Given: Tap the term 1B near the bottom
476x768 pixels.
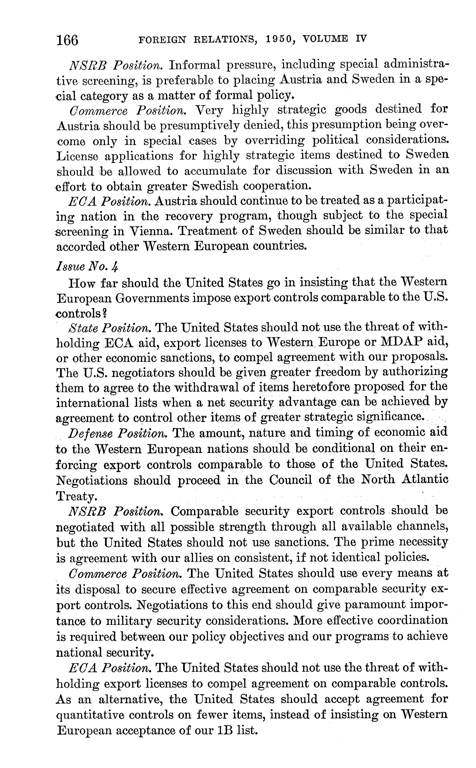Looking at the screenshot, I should click(225, 736).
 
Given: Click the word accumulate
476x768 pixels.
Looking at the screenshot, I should click(215, 171).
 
